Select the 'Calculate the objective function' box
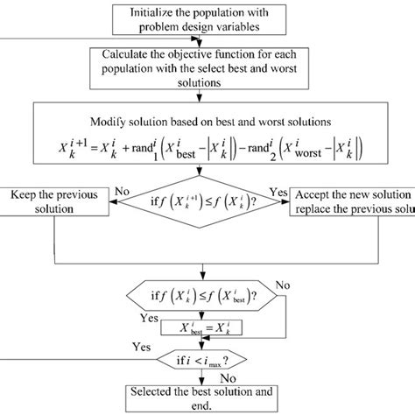tap(207, 69)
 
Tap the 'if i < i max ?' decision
tap(206, 359)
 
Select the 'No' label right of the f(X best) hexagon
tap(282, 285)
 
